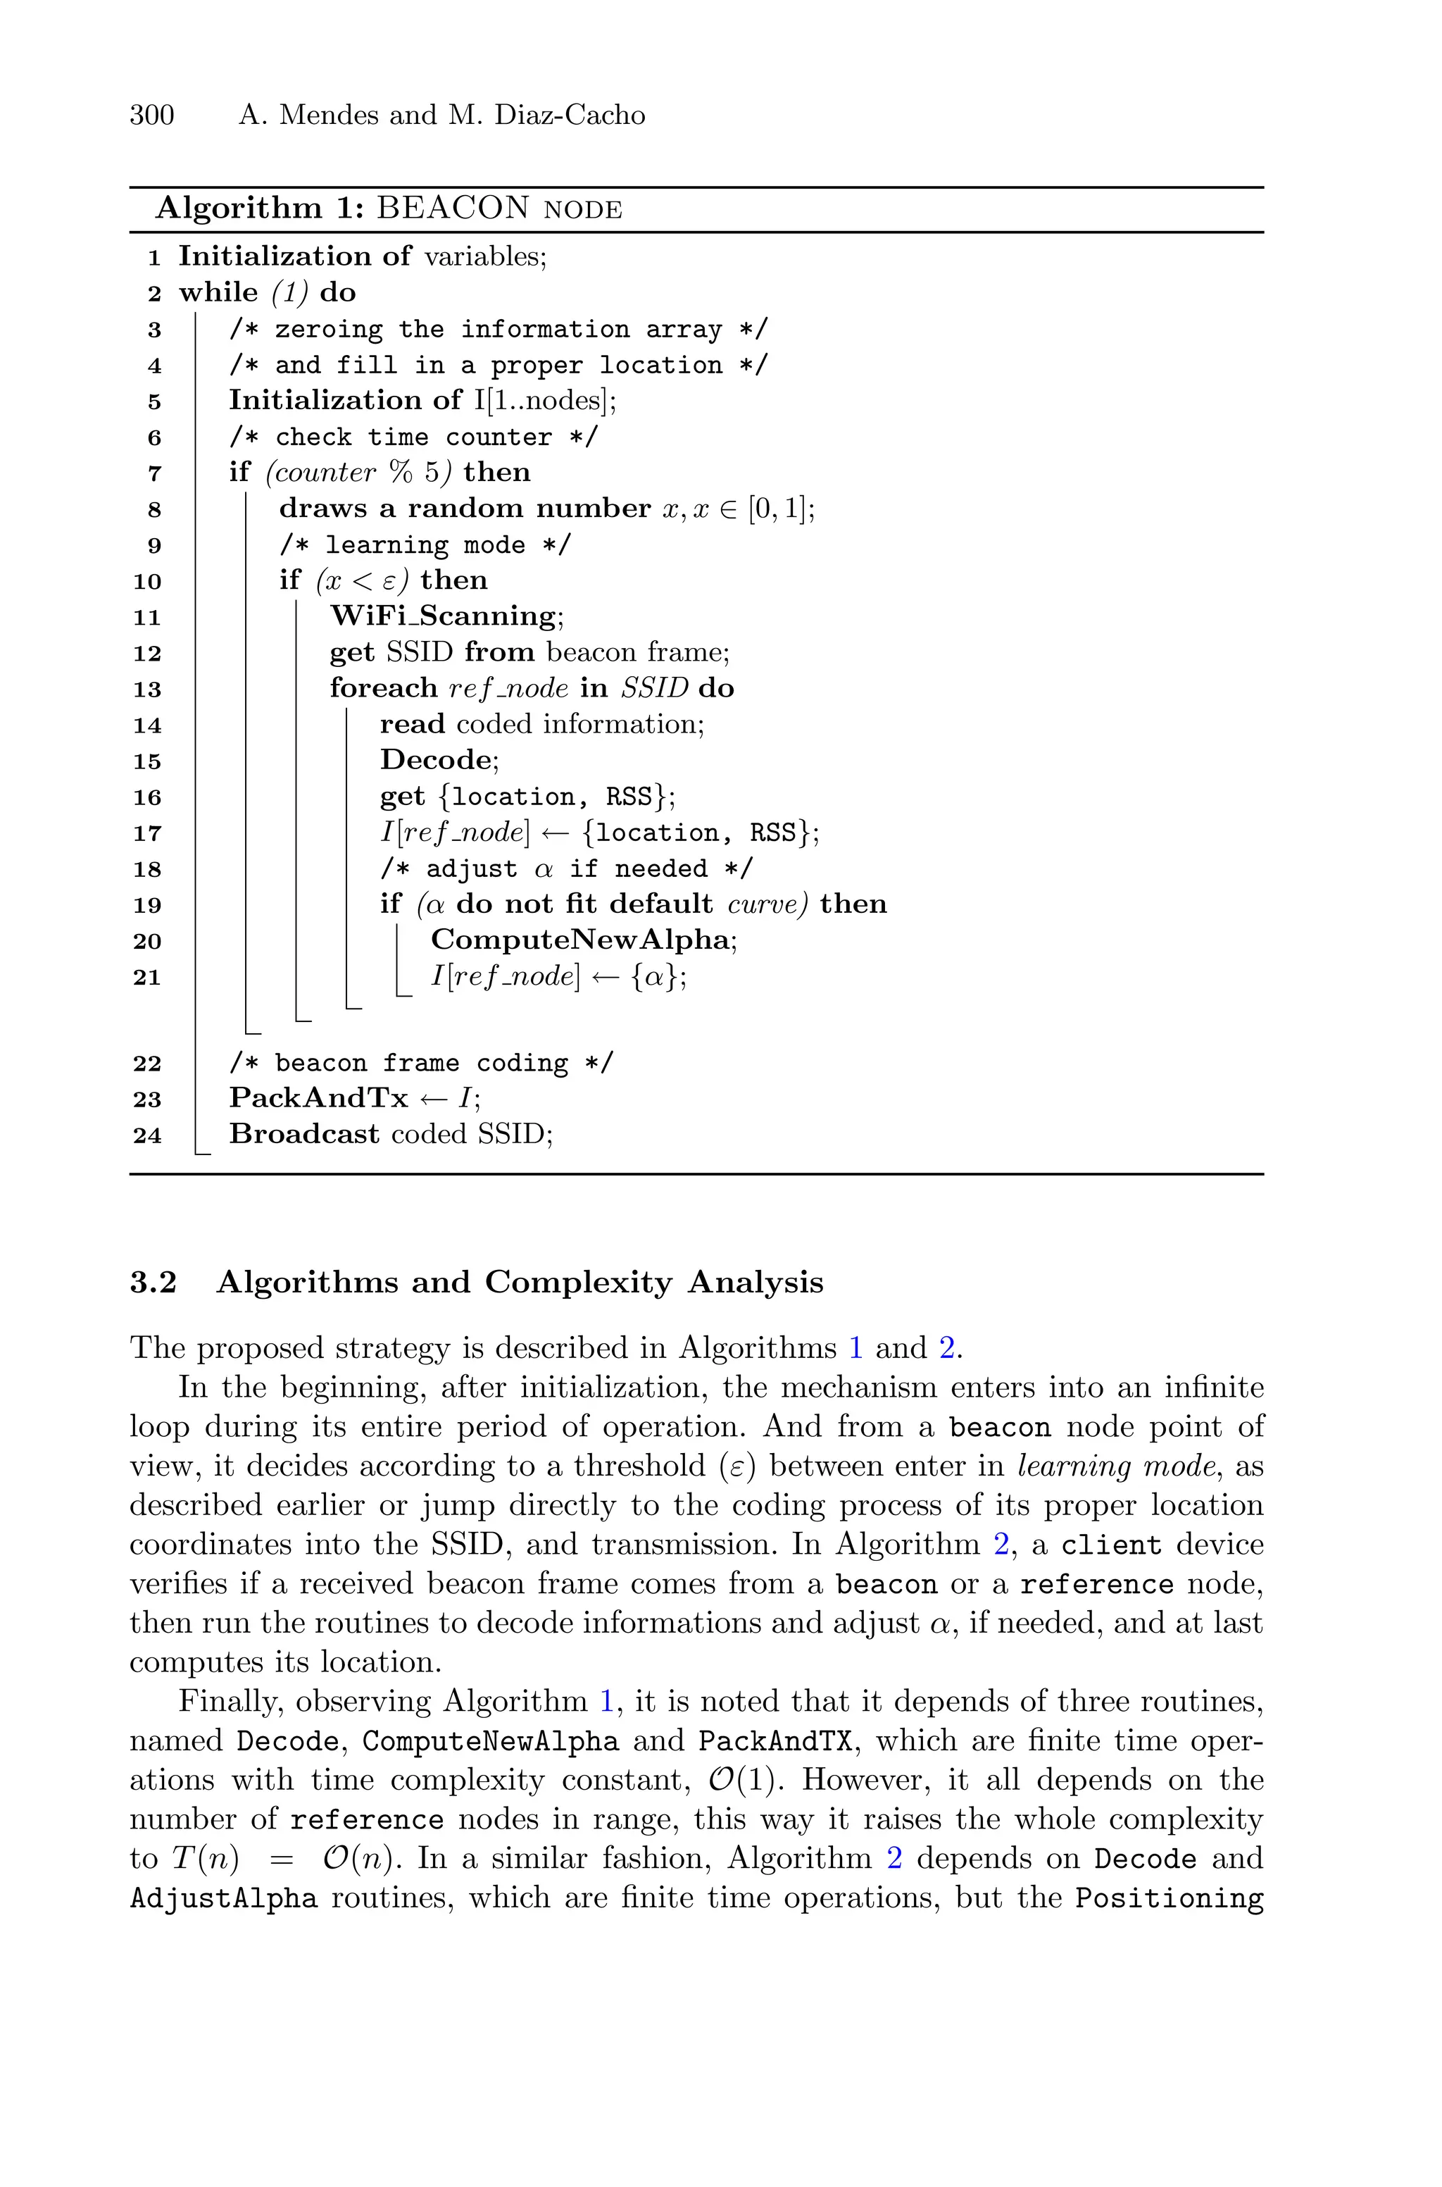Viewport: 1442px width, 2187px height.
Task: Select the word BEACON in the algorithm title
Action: (x=453, y=208)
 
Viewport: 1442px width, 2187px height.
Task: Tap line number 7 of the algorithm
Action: (x=154, y=473)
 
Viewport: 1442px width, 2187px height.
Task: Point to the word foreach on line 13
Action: (x=384, y=688)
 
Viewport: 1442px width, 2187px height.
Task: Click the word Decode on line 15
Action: (x=436, y=760)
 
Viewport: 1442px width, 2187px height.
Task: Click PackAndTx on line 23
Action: (x=318, y=1097)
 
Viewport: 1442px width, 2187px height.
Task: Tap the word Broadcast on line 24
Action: (x=303, y=1134)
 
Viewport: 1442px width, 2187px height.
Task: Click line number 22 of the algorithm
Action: (x=147, y=1063)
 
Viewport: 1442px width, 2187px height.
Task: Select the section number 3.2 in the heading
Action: (x=153, y=1282)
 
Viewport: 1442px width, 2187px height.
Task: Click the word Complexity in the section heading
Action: (x=579, y=1282)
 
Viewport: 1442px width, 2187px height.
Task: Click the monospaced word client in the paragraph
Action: (x=1111, y=1545)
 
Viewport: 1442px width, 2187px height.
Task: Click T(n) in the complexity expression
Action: (x=204, y=1859)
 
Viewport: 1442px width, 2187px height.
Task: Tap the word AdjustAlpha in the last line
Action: (x=223, y=1898)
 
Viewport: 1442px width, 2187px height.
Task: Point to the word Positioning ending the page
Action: (x=1169, y=1898)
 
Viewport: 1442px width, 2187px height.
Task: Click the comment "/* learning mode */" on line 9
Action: (x=425, y=544)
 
